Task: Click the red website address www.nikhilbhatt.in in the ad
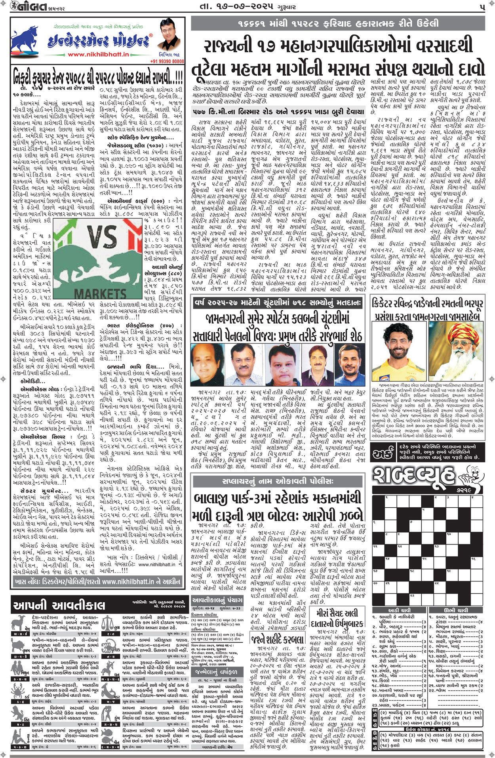coord(98,54)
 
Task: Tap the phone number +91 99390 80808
coord(167,61)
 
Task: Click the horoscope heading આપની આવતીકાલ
coord(59,606)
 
